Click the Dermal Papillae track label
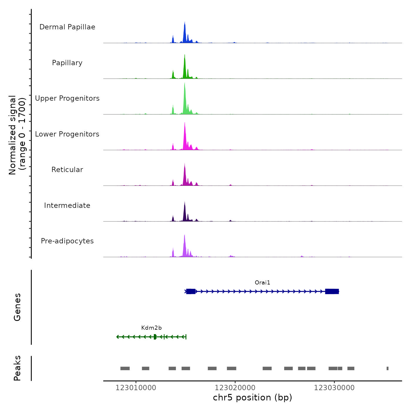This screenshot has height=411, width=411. click(67, 27)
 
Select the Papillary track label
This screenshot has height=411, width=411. click(67, 63)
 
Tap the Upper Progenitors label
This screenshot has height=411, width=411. click(67, 98)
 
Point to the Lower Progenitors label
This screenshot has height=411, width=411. click(67, 134)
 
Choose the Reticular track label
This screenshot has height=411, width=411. click(67, 170)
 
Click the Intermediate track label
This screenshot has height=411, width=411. click(67, 206)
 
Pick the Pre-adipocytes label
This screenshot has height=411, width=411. click(67, 241)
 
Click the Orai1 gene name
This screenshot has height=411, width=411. click(262, 283)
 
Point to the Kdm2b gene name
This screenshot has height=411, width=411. click(151, 328)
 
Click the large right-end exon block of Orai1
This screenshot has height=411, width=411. click(332, 291)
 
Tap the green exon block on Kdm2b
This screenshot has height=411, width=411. click(155, 337)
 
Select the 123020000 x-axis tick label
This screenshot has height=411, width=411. click(235, 388)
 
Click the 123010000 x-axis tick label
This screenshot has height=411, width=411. click(136, 388)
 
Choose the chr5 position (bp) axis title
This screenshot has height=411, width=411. click(252, 397)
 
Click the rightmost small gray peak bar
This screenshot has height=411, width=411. click(388, 368)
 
